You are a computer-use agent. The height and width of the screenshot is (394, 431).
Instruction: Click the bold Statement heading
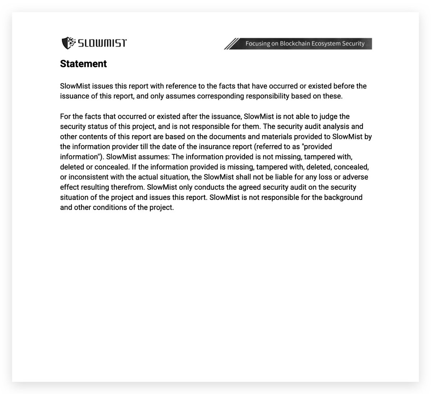83,64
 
